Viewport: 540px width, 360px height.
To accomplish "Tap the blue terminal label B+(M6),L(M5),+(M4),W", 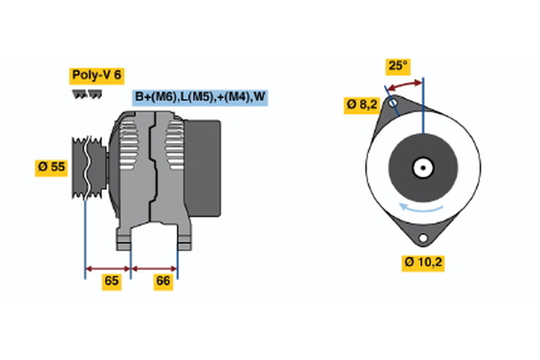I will [x=200, y=97].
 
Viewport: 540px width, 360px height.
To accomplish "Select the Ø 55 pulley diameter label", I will [x=51, y=167].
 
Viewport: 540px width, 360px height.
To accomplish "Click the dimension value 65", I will [x=111, y=281].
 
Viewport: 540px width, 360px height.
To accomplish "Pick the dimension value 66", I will [x=164, y=281].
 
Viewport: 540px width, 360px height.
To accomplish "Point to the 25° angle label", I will [x=397, y=66].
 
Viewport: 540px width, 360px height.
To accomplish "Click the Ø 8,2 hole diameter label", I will [x=361, y=105].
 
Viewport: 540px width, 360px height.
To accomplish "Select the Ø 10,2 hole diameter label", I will [x=423, y=262].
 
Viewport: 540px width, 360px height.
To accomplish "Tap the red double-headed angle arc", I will [x=404, y=85].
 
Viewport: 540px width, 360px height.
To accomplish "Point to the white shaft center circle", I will [x=422, y=166].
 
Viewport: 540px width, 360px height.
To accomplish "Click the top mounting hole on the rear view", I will [x=392, y=104].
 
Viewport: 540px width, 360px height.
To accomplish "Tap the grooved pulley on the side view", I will [x=86, y=166].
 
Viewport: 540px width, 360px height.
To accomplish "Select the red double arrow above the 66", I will [x=154, y=267].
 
